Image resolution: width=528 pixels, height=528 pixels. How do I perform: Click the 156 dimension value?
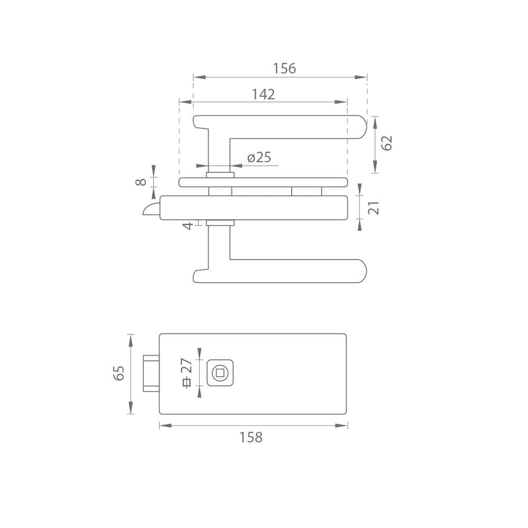coord(284,68)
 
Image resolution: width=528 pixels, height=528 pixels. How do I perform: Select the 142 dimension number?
coord(263,94)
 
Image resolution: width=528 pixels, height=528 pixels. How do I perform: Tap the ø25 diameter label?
coord(259,158)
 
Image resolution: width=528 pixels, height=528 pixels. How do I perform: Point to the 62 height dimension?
coord(386,143)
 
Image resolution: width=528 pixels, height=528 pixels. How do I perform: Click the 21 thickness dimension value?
coord(374,208)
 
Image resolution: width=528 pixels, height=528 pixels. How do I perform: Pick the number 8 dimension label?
coord(141,182)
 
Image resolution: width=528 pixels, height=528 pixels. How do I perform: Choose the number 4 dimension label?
coord(188,226)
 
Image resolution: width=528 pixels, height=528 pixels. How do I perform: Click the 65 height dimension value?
coord(118,373)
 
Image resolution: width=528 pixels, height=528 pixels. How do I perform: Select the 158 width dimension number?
coord(251,438)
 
